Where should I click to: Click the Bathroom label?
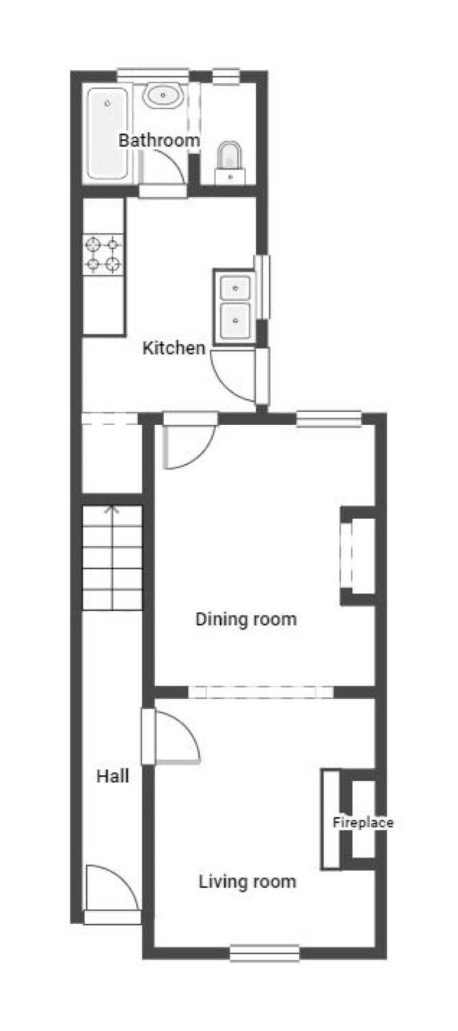coord(159,140)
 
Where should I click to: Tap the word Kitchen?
coord(174,348)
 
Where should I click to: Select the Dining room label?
coord(246,619)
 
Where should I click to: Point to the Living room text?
coord(247,881)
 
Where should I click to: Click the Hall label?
coord(113,776)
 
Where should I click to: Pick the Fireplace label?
coord(363,822)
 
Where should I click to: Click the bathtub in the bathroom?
coord(107,133)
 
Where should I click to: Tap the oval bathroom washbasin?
coord(163,96)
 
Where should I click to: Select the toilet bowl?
coord(229,155)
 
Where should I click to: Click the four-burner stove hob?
coord(103,255)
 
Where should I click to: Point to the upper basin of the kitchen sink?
coord(235,288)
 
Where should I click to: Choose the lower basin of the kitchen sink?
coord(235,320)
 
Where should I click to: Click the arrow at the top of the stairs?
coord(112,510)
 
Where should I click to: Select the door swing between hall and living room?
coord(186,726)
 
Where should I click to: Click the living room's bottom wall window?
coord(265,952)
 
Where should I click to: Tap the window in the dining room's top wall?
coord(328,419)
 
